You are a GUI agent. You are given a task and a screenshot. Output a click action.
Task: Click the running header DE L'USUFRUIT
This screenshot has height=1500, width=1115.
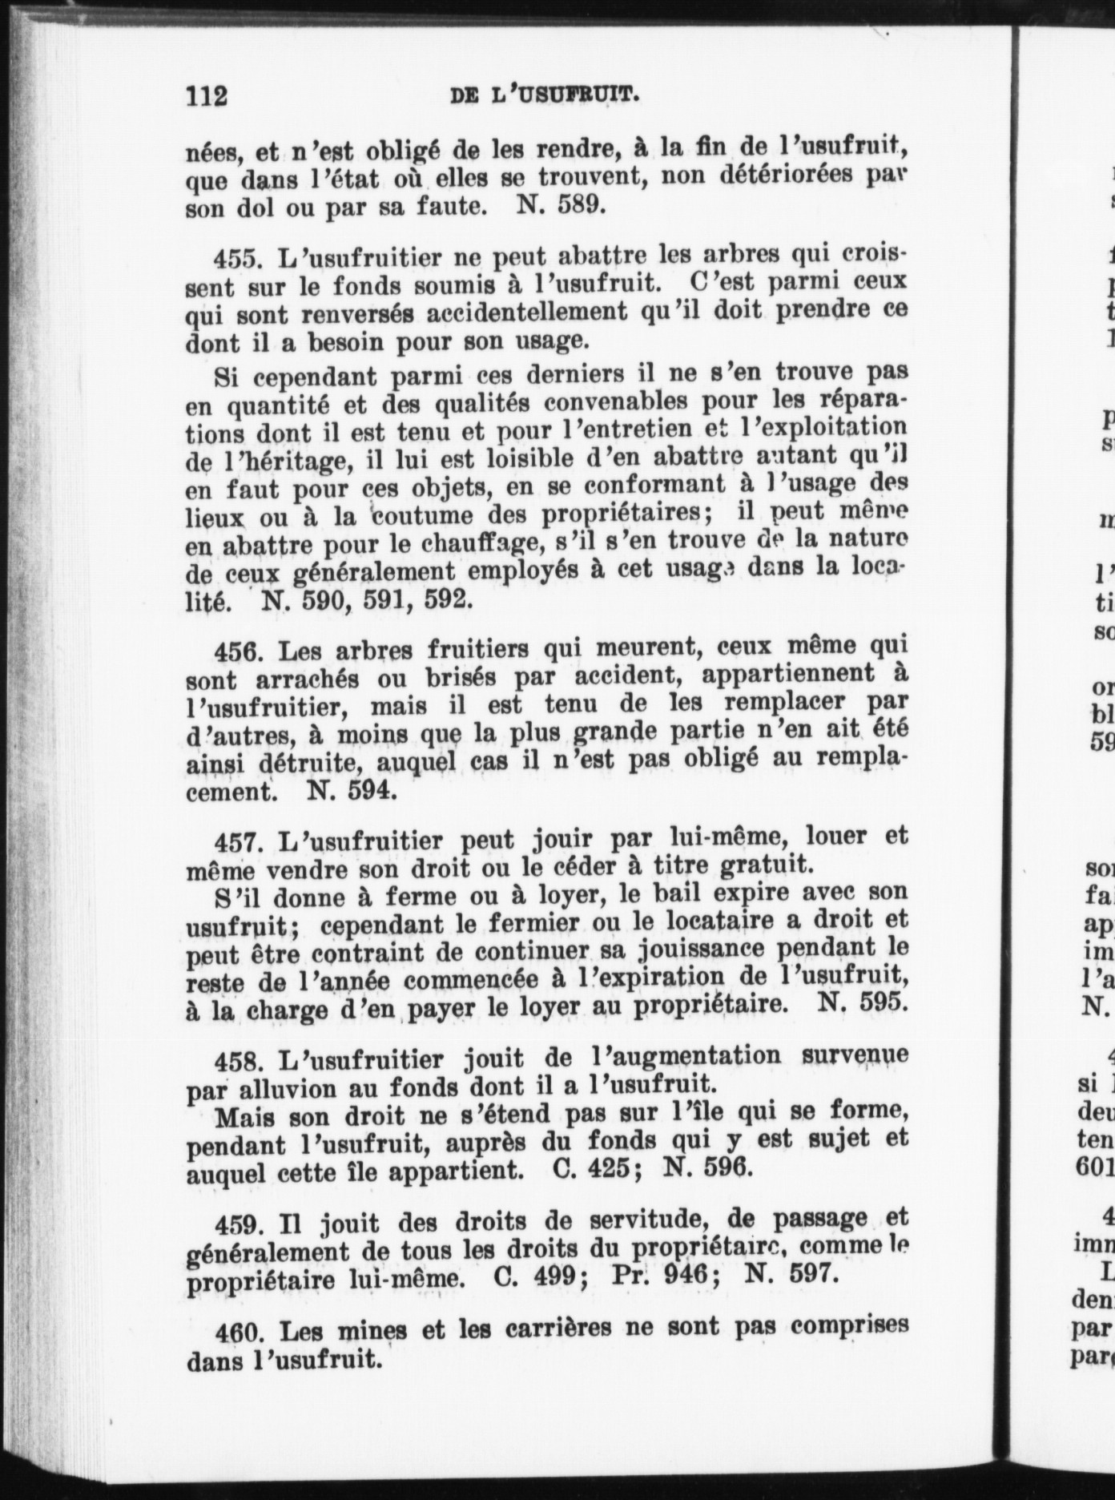click(544, 96)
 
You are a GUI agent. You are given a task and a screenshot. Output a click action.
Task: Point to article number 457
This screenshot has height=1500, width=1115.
click(238, 842)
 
